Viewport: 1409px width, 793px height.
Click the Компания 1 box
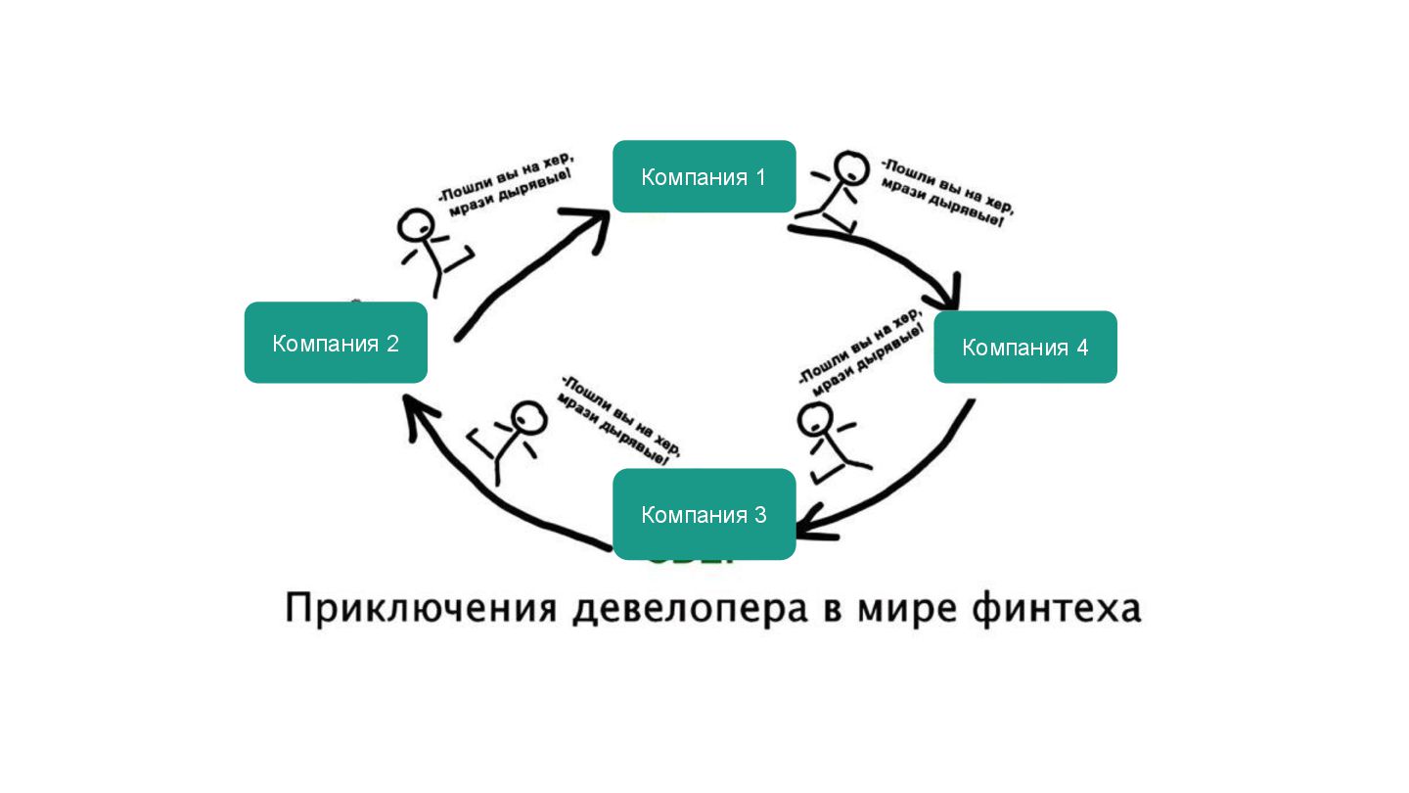coord(704,176)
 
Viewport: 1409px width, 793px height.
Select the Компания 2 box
coord(336,343)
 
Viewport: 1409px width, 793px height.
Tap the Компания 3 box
coord(704,514)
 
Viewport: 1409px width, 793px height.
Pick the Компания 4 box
coord(1024,347)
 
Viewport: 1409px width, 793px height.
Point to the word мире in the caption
coord(911,609)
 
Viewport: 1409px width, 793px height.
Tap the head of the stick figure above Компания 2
coord(415,227)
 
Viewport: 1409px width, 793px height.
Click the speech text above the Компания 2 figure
coord(505,183)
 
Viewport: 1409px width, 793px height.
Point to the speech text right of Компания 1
coord(945,192)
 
